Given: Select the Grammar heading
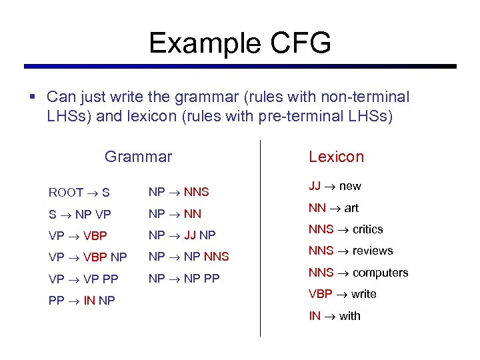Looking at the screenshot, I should (x=138, y=157).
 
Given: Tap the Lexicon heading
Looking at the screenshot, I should (x=336, y=157).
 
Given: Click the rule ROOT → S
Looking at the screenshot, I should (x=79, y=193).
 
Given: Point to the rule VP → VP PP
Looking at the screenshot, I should (x=83, y=279).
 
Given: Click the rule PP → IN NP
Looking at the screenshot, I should (x=82, y=301).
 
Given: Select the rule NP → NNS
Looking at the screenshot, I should (x=179, y=192).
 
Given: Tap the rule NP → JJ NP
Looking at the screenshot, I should (x=182, y=235).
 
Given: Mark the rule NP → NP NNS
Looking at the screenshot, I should (x=189, y=257).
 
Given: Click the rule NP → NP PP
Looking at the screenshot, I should (x=184, y=279).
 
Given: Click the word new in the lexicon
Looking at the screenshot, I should (x=350, y=186).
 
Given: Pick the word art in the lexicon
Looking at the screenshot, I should (x=351, y=208).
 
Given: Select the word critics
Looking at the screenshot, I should (x=367, y=229).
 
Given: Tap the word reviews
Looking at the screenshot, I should (x=373, y=251).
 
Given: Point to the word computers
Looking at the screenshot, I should (x=380, y=273).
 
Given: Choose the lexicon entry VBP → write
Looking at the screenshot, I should (x=342, y=294).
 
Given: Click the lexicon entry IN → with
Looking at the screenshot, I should (x=334, y=316).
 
